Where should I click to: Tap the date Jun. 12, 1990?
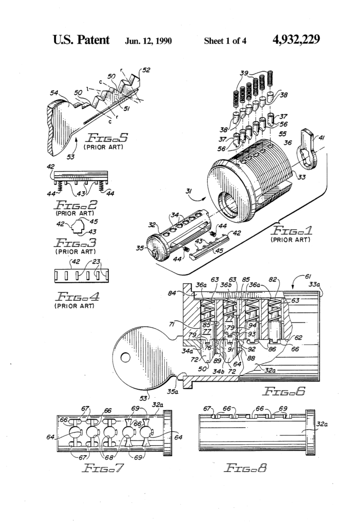point(149,40)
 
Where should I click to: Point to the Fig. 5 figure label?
point(105,138)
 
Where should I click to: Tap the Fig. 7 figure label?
point(105,469)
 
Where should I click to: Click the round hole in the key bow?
point(124,356)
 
